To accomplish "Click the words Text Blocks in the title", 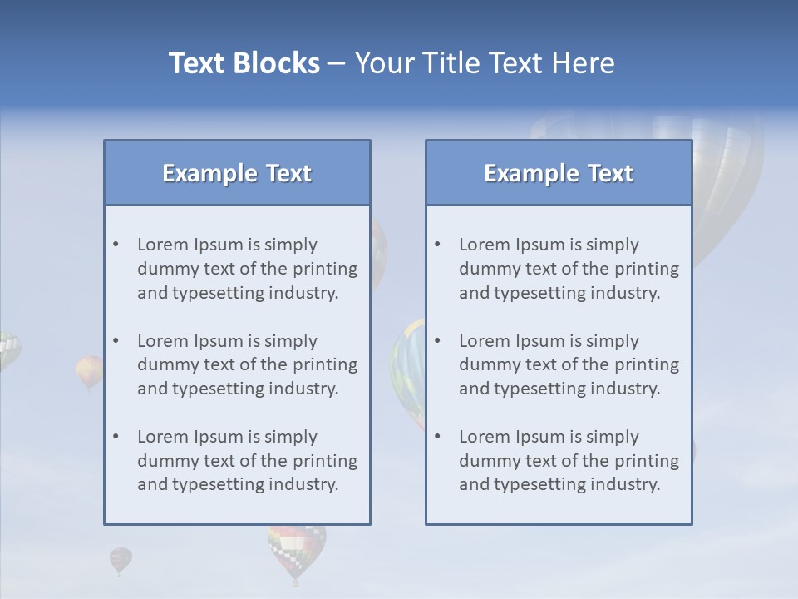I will coord(244,63).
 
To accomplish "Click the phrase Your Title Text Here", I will coord(485,63).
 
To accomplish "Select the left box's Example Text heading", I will coord(237,173).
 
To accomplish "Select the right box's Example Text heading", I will coord(559,173).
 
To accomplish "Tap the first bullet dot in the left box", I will coord(116,245).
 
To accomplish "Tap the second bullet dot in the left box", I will coord(116,341).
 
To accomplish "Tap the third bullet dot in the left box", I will coord(116,437).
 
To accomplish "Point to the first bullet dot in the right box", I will coord(438,245).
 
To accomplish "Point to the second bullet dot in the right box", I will coord(438,341).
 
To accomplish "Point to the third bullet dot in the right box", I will coord(438,437).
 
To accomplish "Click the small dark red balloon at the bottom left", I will coord(121,559).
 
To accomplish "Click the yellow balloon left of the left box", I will coord(89,370).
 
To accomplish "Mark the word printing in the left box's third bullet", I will coord(326,461).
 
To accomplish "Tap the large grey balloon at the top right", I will coord(723,183).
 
